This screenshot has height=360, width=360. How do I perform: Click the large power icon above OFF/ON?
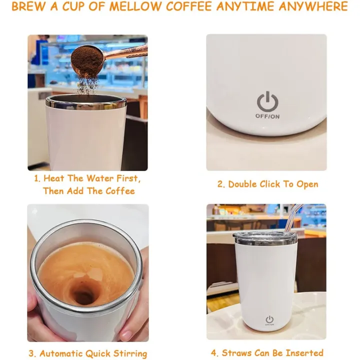point(266,101)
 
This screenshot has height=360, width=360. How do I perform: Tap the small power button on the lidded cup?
point(269,319)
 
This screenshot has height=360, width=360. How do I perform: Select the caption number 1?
point(36,178)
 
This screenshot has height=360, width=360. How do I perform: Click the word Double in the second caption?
point(243,184)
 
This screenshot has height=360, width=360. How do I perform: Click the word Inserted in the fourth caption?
point(305,353)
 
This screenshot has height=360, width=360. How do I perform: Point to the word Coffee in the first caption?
point(120,191)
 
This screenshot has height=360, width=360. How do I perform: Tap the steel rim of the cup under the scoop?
point(86,102)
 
